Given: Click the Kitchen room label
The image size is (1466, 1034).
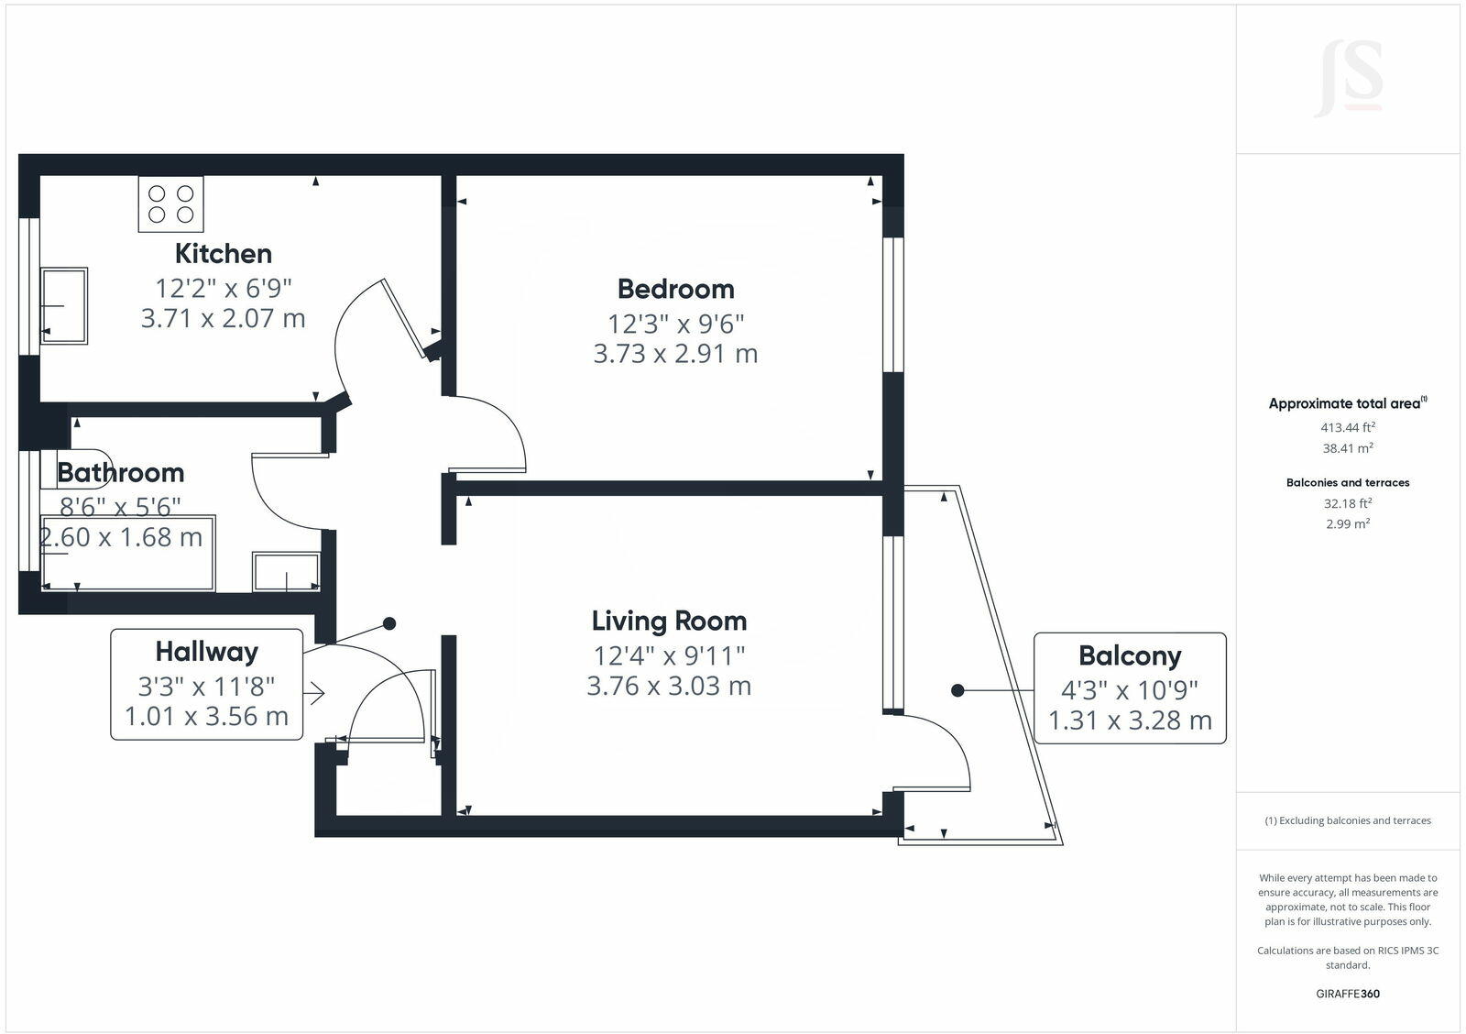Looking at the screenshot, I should [223, 253].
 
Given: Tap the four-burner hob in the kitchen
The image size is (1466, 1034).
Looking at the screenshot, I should [170, 203].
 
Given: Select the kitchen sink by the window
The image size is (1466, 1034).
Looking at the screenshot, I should [64, 305].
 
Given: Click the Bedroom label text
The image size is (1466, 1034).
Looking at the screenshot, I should [675, 289].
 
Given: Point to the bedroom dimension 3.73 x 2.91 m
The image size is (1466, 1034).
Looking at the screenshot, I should [675, 353].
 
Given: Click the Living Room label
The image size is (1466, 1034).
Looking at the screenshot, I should [669, 621].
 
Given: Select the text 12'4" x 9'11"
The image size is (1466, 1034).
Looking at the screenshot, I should [669, 655].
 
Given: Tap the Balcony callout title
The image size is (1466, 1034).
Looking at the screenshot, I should [1129, 655].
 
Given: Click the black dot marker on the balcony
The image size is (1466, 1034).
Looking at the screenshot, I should [957, 690].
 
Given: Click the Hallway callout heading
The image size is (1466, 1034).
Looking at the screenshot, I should [206, 652].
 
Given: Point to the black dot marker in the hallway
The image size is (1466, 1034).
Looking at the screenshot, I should [389, 623].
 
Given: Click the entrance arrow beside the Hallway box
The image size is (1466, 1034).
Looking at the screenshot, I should [314, 693].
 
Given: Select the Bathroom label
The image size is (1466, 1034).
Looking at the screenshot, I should [120, 472].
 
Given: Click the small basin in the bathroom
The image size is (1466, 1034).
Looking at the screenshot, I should [286, 572].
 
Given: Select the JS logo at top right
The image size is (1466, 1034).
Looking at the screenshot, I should [1348, 80].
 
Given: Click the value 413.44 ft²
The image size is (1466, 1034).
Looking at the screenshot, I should [1347, 427].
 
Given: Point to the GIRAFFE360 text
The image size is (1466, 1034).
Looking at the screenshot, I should [1347, 994].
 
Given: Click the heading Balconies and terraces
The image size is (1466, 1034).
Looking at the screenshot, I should [1347, 482].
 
